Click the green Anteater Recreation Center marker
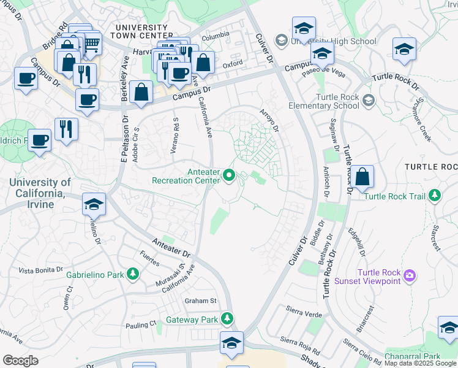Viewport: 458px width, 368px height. pos(230,175)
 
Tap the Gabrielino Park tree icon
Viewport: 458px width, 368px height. pos(133,275)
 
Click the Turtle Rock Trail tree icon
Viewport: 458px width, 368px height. pos(435,196)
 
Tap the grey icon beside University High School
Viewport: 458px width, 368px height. pos(281,41)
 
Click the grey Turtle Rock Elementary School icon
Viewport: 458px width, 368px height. pos(368,100)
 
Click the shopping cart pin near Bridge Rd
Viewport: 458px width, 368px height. pos(91,44)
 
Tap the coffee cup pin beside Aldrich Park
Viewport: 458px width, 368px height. pos(40,140)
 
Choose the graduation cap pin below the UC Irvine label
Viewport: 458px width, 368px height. pos(94,204)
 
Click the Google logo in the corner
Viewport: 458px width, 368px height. pos(20,361)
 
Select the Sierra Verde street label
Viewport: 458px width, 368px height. pos(304,314)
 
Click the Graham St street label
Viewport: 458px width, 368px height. pos(201,301)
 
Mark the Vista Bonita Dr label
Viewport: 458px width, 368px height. pos(40,270)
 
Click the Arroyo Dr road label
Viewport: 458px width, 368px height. pos(269,120)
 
